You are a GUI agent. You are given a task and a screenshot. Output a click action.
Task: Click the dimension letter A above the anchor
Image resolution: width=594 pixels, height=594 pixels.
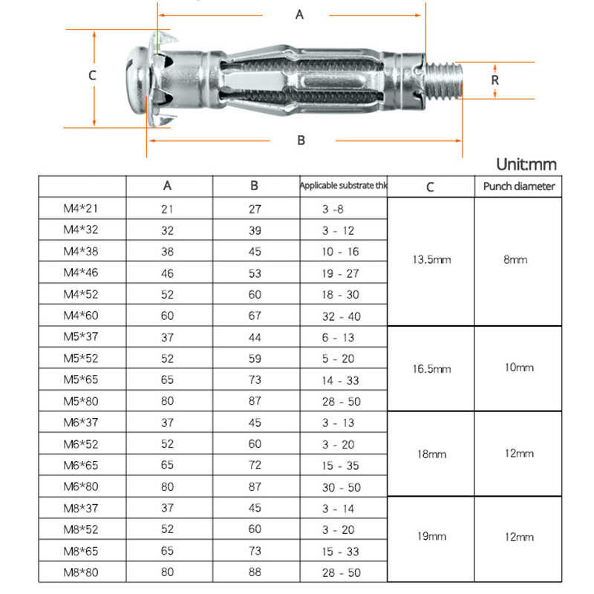point(300,15)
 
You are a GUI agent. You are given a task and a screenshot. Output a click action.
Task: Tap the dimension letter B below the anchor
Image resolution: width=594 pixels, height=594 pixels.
point(301,140)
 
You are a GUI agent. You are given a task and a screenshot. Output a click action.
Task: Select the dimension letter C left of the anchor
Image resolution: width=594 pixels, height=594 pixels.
point(92,75)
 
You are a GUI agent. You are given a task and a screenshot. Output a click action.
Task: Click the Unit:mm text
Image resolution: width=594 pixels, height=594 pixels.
point(526,165)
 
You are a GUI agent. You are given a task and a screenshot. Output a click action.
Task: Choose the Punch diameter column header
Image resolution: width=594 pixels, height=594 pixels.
point(518,186)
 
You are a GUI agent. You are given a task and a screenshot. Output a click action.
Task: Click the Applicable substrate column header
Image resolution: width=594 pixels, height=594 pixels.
point(343,186)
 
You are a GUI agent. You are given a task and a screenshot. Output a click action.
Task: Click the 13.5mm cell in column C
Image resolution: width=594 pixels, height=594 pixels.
point(431,260)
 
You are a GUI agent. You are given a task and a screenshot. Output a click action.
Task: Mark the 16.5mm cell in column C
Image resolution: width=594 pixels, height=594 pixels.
point(431,368)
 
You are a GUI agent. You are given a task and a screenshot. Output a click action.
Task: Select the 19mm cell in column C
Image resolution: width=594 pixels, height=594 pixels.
point(431,537)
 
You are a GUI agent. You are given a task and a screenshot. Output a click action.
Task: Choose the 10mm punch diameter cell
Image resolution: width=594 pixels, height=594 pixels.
point(518,368)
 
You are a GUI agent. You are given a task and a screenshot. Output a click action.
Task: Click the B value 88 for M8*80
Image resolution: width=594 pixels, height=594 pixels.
point(255,572)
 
